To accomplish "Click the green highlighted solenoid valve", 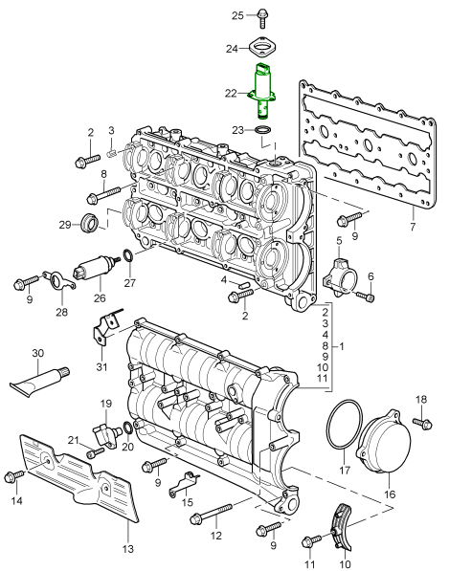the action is (x=262, y=91).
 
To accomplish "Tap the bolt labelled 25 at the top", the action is (x=261, y=18).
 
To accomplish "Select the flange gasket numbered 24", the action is (x=262, y=47).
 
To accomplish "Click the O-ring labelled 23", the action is (x=262, y=130).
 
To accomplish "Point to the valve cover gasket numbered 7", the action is (x=368, y=145).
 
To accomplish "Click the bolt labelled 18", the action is (x=423, y=423).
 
